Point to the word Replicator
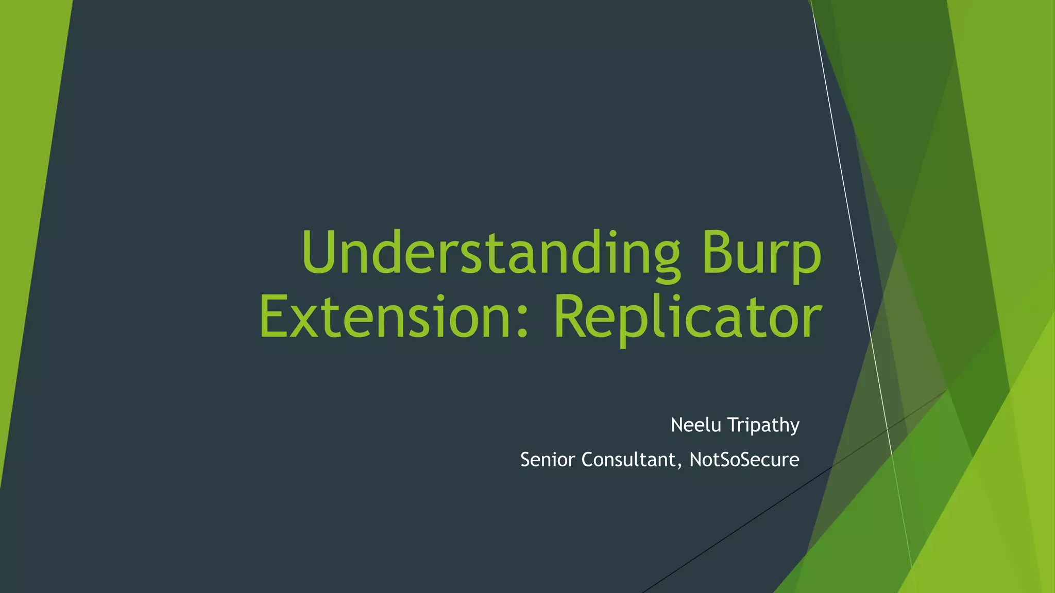(x=687, y=316)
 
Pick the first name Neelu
(x=695, y=425)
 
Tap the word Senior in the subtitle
(x=548, y=459)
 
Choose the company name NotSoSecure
(x=744, y=459)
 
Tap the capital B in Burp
(x=717, y=252)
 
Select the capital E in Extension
(x=273, y=316)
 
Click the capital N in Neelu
(x=677, y=425)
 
